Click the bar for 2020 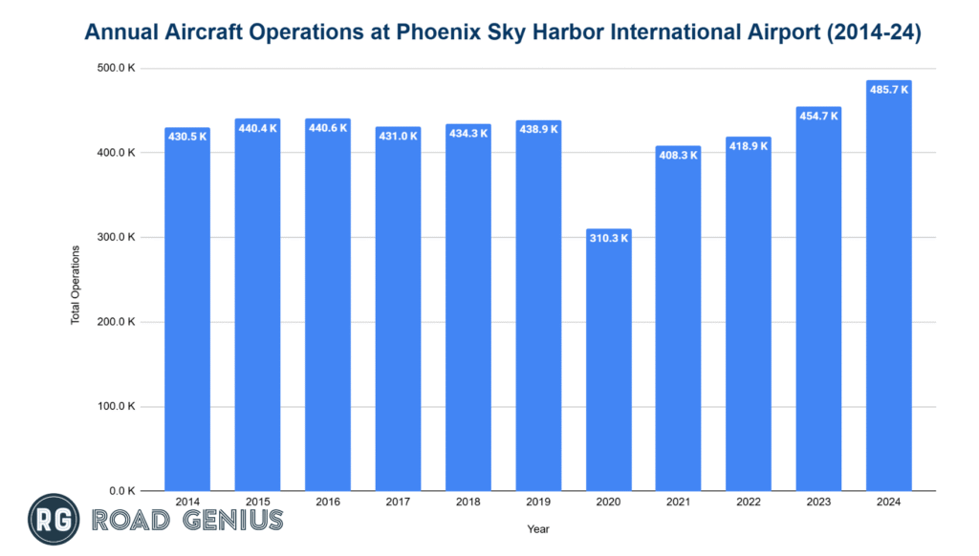tap(608, 363)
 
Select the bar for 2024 tap(888, 287)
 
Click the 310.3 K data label tap(608, 237)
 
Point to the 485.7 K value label tap(888, 87)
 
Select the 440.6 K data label tap(328, 126)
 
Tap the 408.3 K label tap(678, 154)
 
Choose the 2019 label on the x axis tap(537, 502)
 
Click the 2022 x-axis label tap(748, 502)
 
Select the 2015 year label tap(257, 502)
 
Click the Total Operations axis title tap(76, 285)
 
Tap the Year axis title tap(537, 528)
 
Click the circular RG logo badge tap(53, 520)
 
